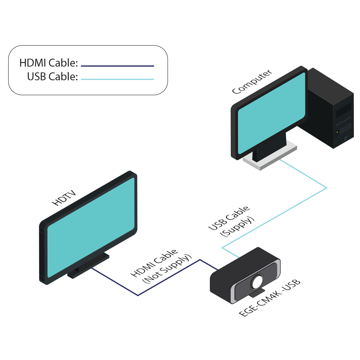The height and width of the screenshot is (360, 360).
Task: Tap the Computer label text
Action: (252, 82)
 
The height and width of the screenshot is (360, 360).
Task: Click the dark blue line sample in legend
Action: (117, 66)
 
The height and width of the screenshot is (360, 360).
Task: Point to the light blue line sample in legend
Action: (117, 79)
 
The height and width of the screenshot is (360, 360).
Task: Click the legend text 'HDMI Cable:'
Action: (49, 63)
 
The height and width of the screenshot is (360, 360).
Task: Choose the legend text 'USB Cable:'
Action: (53, 77)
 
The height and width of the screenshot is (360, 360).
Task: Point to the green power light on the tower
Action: (337, 133)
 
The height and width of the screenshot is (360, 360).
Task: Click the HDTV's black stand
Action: (88, 266)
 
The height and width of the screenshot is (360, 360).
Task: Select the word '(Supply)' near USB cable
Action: (237, 228)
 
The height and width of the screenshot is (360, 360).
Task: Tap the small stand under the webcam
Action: (258, 293)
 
